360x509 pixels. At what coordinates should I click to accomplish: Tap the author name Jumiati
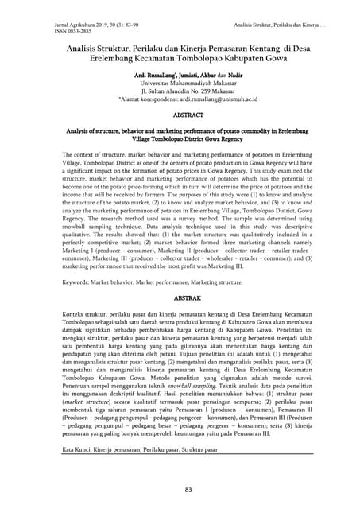point(177,74)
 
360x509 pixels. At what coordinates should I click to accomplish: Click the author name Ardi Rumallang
point(140,74)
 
